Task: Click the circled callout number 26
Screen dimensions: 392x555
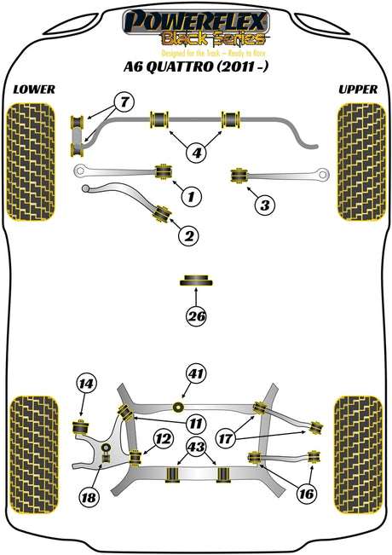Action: click(197, 315)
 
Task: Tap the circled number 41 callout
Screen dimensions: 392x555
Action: click(196, 373)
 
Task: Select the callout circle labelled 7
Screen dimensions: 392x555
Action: click(124, 102)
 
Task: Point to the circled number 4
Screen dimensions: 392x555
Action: click(197, 153)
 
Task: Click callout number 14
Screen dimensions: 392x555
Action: click(86, 384)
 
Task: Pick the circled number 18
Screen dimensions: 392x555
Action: click(89, 498)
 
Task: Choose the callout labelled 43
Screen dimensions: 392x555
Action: click(196, 447)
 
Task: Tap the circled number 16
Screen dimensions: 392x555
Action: click(307, 494)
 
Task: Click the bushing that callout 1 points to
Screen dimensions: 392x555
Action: click(164, 171)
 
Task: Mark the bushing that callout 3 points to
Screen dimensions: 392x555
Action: click(239, 176)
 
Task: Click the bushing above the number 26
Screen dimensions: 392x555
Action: click(196, 280)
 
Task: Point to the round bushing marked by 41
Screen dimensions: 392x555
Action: click(178, 407)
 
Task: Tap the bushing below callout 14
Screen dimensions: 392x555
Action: click(81, 427)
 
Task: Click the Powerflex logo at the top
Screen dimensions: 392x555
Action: click(196, 28)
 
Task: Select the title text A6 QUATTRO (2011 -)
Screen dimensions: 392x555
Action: click(196, 66)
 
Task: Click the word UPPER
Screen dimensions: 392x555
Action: click(358, 90)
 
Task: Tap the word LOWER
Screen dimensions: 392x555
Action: click(34, 90)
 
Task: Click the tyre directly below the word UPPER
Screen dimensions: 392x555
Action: click(361, 162)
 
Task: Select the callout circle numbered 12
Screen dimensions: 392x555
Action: click(163, 439)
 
